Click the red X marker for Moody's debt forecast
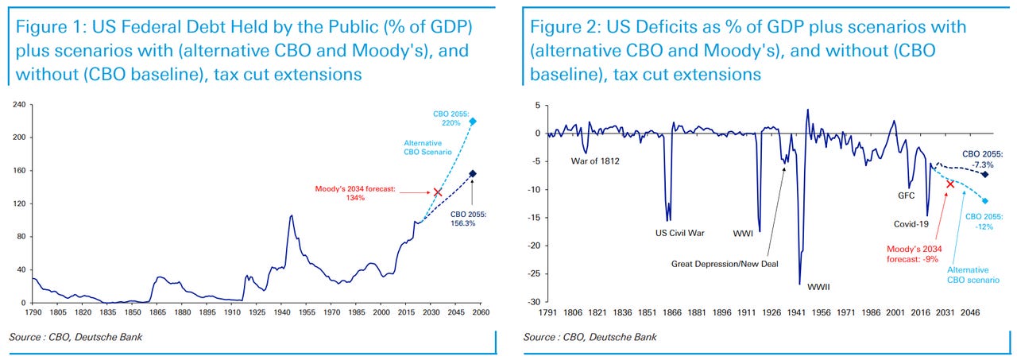click(437, 192)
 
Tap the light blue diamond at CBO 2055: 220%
click(472, 122)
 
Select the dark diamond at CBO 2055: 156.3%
click(472, 174)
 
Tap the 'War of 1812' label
click(595, 161)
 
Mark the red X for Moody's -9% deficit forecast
click(949, 184)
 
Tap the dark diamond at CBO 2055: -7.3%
click(985, 175)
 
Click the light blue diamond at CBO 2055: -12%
click(985, 201)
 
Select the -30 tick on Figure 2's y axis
click(535, 302)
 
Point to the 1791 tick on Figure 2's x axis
click(549, 314)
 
